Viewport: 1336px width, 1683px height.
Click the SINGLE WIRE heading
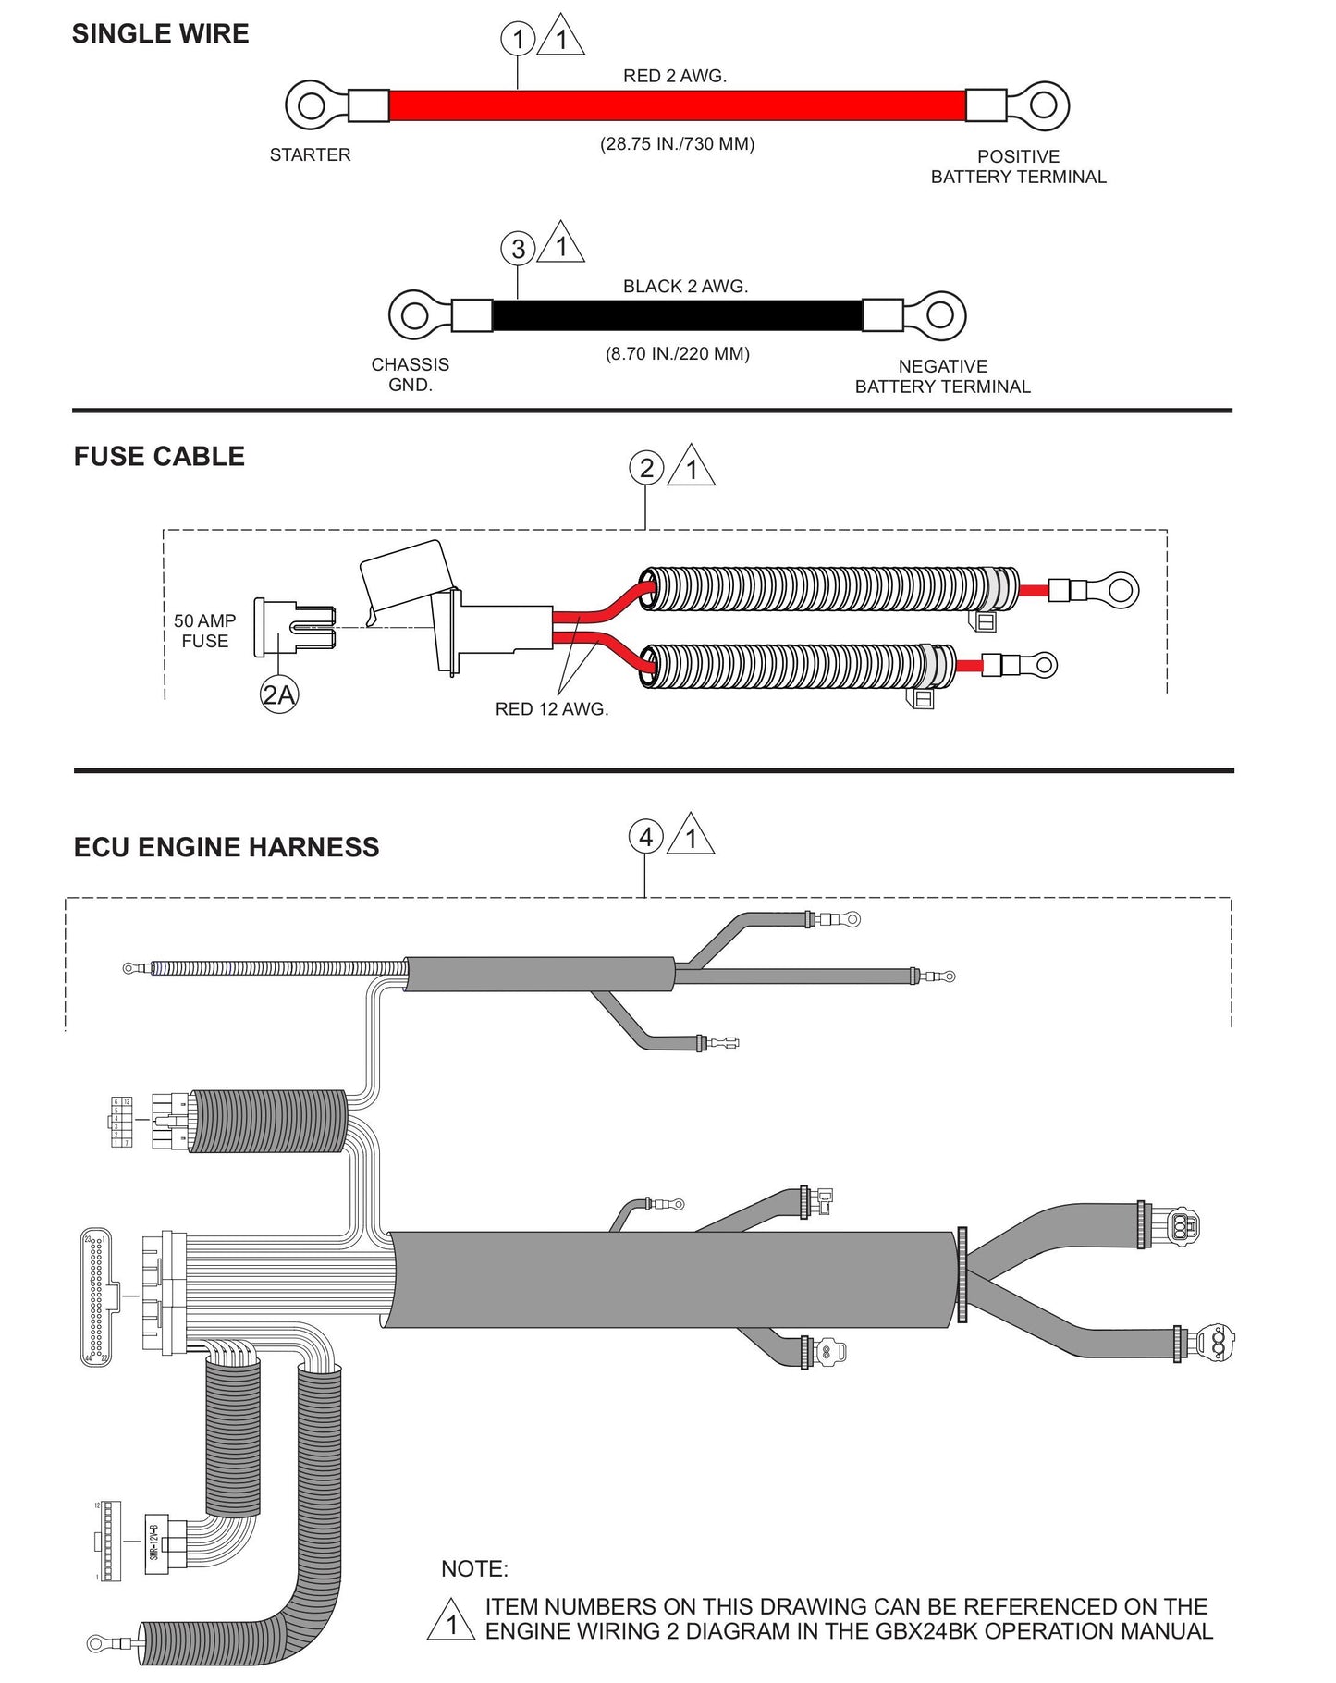click(160, 34)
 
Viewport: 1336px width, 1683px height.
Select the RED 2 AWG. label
click(674, 76)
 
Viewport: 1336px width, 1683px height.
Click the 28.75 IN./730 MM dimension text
click(677, 144)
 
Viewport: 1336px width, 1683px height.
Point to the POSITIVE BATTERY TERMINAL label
click(1018, 166)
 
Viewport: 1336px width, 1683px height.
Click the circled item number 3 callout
click(518, 248)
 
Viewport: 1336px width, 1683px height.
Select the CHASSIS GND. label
click(410, 375)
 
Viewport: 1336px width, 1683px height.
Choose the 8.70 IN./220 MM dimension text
click(677, 354)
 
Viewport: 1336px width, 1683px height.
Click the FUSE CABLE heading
click(159, 457)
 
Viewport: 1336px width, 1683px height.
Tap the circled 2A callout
click(278, 694)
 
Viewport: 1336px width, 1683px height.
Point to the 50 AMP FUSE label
click(204, 631)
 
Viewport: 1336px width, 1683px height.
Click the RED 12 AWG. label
click(552, 709)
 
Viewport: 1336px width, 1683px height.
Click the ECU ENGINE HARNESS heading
click(227, 848)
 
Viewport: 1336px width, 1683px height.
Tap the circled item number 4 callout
click(645, 837)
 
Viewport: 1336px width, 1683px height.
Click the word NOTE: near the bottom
click(474, 1568)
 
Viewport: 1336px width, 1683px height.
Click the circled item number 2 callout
click(646, 468)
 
